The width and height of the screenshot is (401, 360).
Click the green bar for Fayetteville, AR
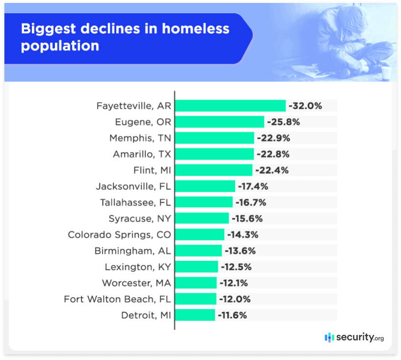point(230,106)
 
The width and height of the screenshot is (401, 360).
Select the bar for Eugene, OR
point(220,122)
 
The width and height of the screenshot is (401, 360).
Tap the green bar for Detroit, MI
point(195,315)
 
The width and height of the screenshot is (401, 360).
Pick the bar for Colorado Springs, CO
point(200,234)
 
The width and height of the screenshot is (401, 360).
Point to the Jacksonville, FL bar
point(205,186)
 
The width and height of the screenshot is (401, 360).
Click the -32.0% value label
point(305,106)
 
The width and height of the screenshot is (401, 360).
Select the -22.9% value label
point(273,138)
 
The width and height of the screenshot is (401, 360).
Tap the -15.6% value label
point(248,218)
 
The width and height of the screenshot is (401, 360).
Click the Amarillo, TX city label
point(142,154)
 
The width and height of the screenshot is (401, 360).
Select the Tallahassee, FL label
point(135,203)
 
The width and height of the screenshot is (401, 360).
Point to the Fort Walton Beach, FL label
point(118,299)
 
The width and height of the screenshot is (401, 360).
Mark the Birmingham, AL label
point(133,251)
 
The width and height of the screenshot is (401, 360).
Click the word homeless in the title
point(196,28)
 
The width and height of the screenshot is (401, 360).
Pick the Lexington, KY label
point(138,267)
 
